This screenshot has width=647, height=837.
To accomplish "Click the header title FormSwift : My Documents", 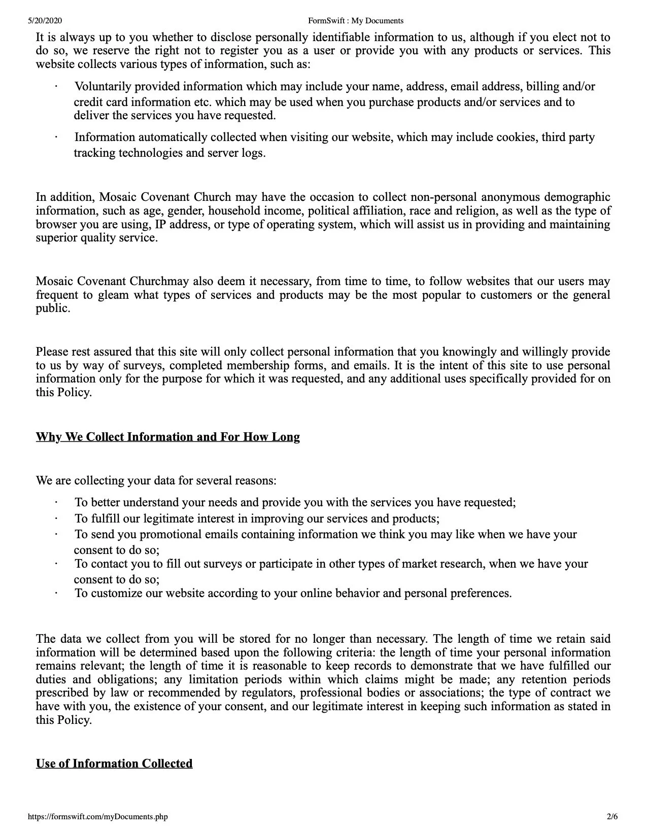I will coord(355,21).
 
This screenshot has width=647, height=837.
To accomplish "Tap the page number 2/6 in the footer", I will coord(612,817).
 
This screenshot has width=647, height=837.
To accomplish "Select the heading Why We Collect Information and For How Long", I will coord(167,437).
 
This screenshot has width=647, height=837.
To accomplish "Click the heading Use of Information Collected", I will coord(114,764).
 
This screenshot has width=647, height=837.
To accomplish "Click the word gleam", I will coord(114,295).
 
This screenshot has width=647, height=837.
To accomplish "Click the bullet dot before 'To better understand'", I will coord(56,503).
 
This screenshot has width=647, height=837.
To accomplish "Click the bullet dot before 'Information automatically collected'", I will coord(56,137).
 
